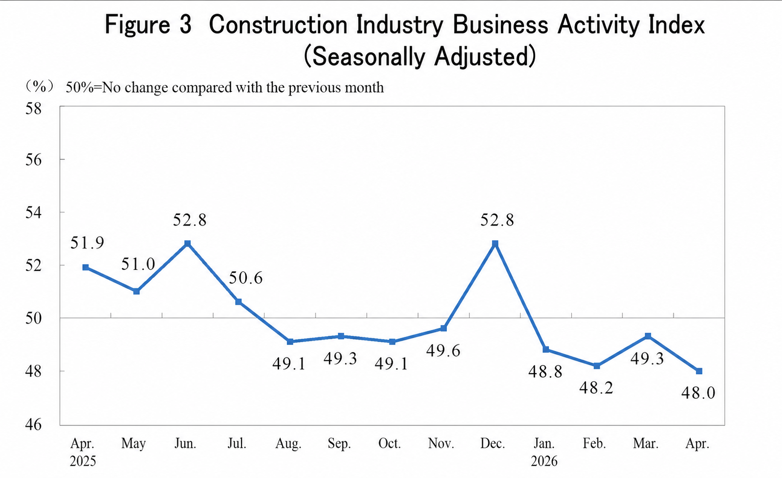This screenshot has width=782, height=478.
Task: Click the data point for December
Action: (495, 243)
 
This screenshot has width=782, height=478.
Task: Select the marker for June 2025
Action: (187, 243)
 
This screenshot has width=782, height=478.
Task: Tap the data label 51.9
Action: (87, 243)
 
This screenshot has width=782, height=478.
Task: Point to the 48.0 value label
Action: (698, 393)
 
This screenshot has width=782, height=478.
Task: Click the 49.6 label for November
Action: (443, 350)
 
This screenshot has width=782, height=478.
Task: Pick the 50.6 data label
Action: (246, 278)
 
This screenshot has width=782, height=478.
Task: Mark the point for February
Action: (597, 366)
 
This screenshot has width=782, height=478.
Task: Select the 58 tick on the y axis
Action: (34, 108)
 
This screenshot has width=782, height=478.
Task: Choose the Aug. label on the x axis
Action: (288, 444)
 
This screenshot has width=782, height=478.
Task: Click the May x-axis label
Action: (134, 444)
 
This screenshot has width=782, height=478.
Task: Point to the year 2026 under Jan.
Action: (544, 461)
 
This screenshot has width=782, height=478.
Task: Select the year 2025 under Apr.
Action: (83, 461)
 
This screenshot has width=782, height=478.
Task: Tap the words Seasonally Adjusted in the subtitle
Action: (420, 57)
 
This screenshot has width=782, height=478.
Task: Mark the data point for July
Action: (239, 302)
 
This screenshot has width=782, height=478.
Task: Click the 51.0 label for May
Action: (138, 265)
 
